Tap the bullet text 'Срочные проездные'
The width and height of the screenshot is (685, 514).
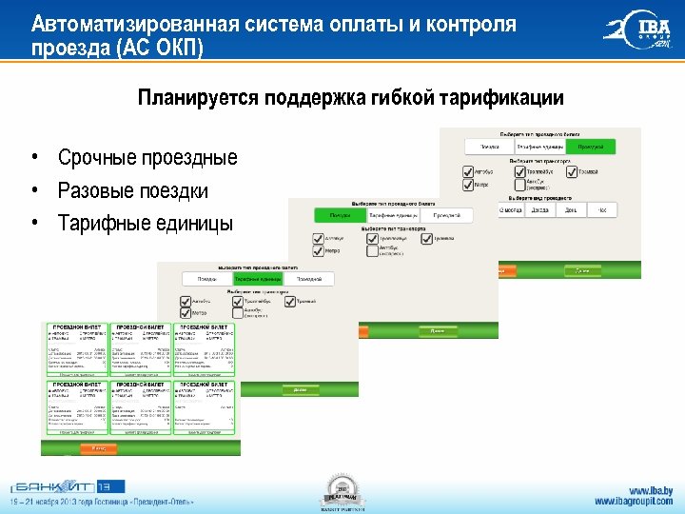click(147, 157)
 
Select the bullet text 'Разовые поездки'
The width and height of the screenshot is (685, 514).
click(132, 190)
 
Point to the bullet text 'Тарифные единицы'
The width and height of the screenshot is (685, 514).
click(145, 224)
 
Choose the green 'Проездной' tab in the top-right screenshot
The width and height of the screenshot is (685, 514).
click(590, 148)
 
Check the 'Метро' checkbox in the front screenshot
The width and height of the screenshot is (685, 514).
click(186, 312)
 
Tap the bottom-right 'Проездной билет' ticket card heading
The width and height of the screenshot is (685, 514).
click(203, 384)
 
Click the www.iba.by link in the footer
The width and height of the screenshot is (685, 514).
click(650, 490)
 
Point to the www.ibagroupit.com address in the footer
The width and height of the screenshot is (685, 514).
click(634, 502)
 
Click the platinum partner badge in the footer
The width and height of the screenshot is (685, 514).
click(342, 489)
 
